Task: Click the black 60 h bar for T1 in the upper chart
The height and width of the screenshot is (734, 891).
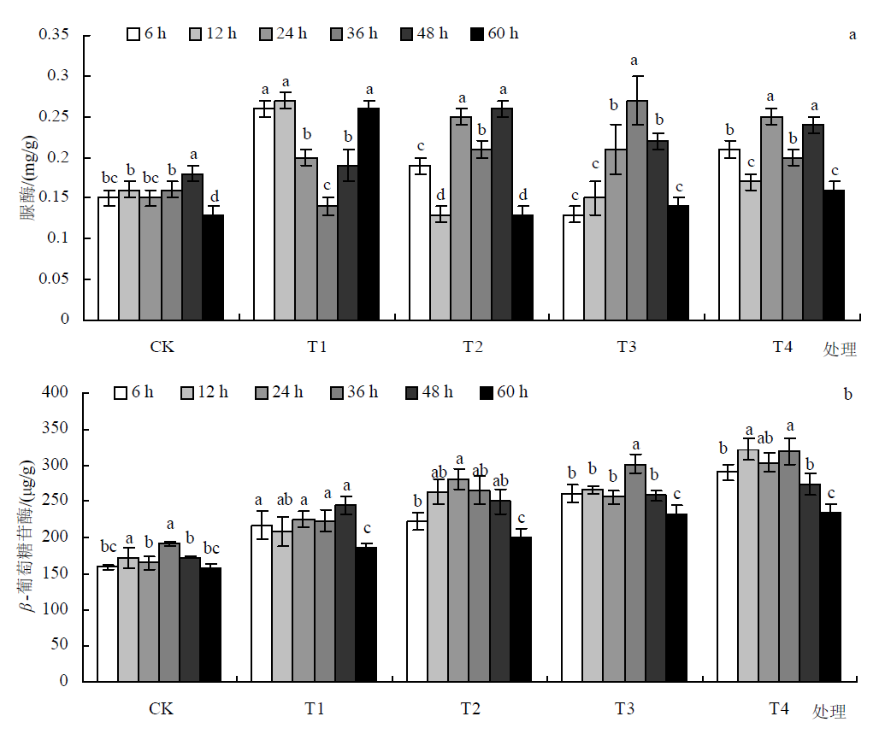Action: [369, 214]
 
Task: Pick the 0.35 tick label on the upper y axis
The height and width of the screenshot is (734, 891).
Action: [53, 36]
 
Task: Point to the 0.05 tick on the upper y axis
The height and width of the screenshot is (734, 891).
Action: [53, 279]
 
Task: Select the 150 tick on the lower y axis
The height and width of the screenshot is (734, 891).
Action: [56, 573]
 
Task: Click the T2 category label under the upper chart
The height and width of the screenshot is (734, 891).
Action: [472, 347]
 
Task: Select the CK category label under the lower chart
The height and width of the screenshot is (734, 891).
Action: [161, 709]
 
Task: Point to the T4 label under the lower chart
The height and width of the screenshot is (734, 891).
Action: [778, 708]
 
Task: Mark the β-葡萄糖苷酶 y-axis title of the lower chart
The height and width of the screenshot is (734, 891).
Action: [27, 537]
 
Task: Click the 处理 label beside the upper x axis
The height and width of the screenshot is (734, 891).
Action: [839, 349]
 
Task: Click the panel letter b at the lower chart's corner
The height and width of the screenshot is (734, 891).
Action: [848, 395]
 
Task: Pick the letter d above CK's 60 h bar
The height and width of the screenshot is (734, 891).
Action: [213, 197]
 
